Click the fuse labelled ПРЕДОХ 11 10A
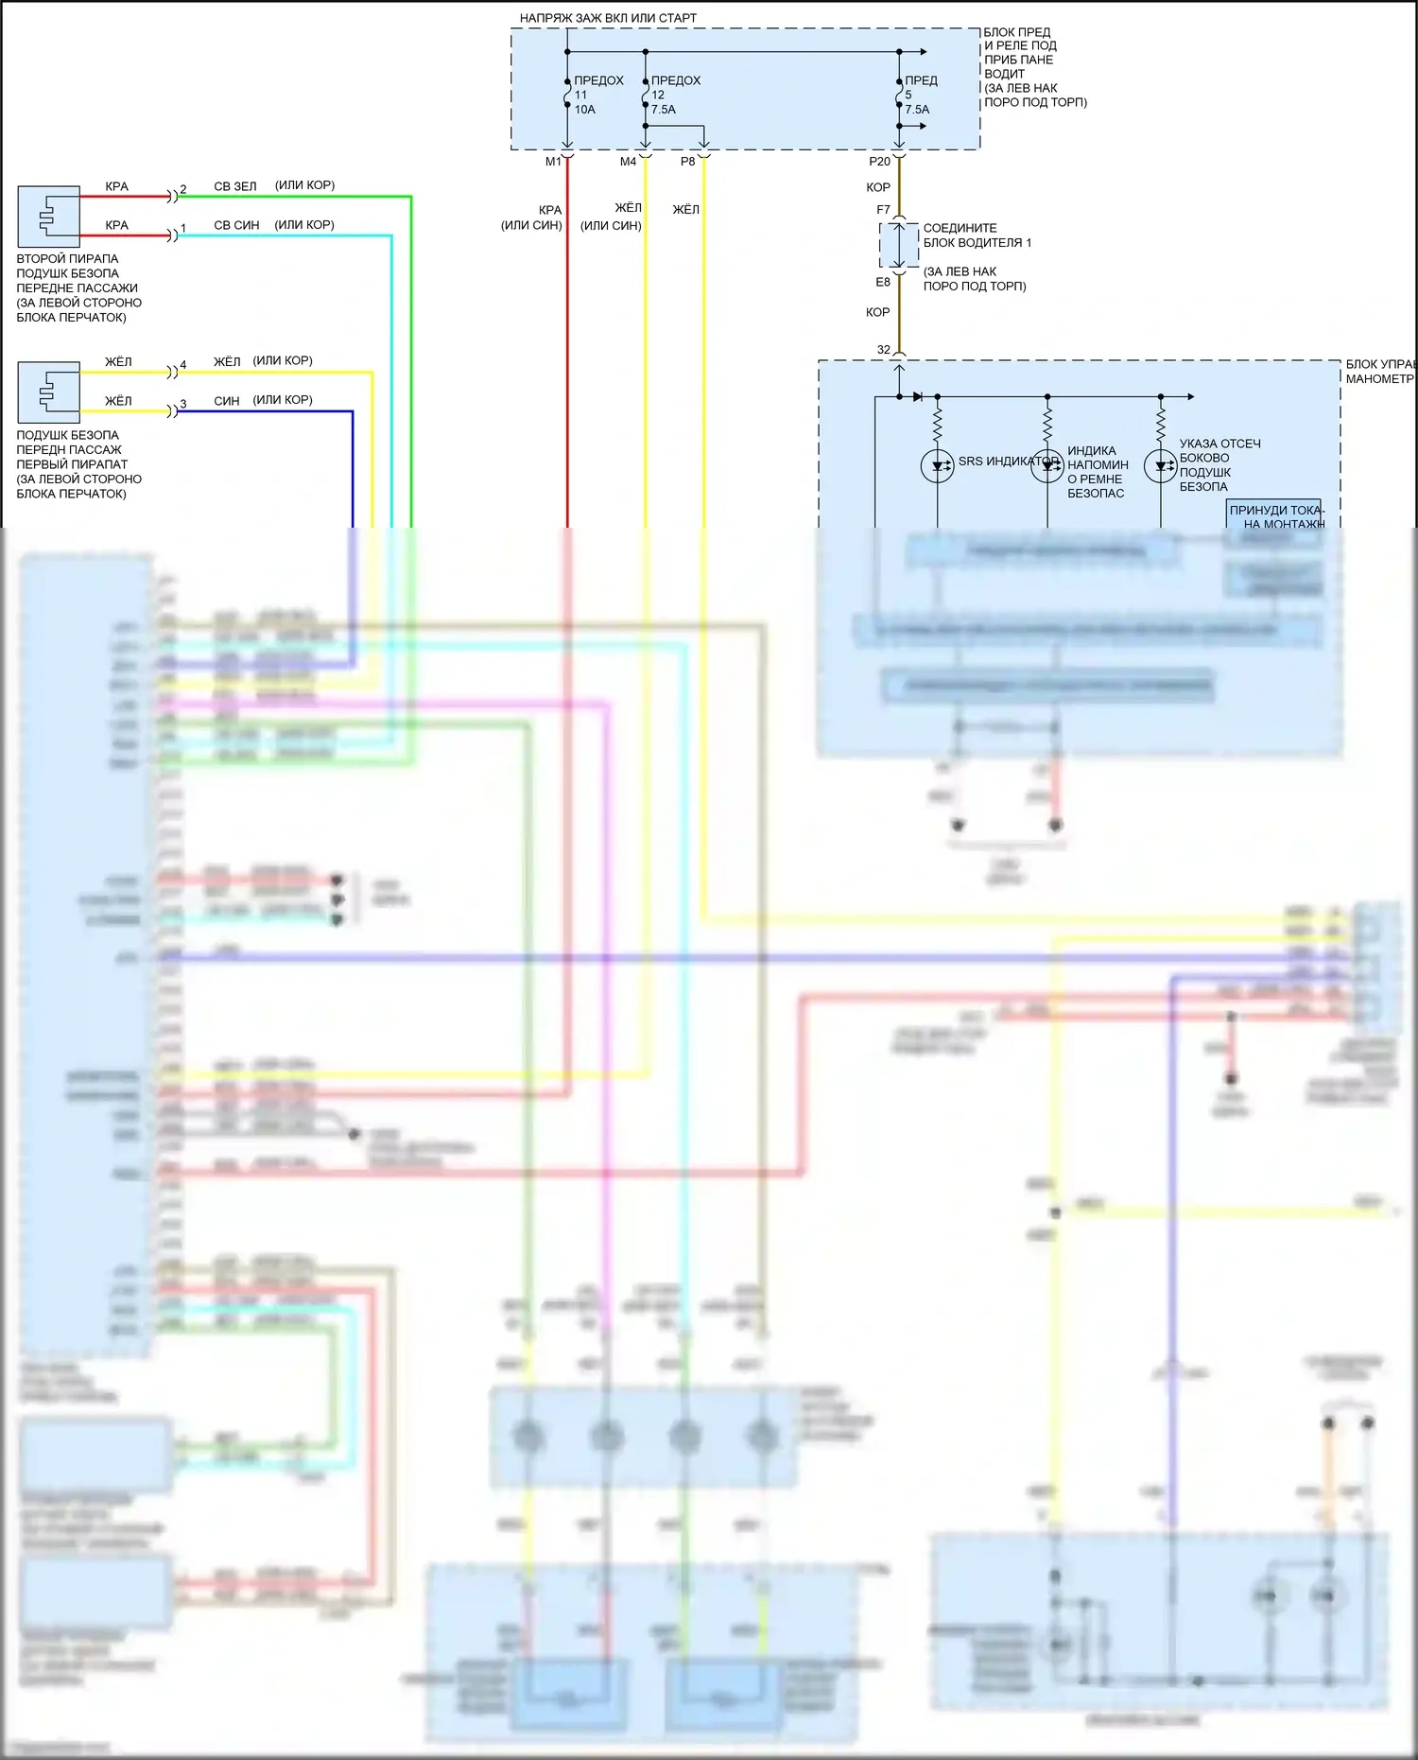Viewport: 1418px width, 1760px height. pos(568,95)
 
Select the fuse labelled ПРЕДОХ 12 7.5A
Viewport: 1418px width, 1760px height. pos(646,95)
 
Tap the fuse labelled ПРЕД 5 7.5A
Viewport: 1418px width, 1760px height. pos(899,95)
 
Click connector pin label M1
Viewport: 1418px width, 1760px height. pos(553,162)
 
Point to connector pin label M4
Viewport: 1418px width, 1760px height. pos(628,162)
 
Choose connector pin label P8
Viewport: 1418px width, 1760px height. pos(687,162)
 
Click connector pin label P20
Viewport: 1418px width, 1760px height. pos(879,162)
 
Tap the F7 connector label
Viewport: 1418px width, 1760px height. pos(883,210)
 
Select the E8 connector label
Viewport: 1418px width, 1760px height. pos(883,282)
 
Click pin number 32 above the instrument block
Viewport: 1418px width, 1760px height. pos(884,350)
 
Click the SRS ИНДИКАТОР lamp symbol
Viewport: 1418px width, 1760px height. pos(937,465)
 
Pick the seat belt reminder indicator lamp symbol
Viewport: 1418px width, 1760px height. pos(1047,465)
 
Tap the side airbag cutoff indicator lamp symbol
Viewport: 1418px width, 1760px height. pos(1160,465)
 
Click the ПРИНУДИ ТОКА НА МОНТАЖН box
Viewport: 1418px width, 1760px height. pos(1274,515)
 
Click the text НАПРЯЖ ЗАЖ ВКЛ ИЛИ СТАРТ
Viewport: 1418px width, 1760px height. pos(608,18)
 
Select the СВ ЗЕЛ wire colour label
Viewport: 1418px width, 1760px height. pos(235,186)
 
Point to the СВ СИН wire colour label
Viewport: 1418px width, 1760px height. pos(236,225)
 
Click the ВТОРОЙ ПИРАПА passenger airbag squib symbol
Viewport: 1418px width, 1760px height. pos(48,217)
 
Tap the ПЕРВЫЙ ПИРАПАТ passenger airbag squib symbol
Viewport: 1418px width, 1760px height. pos(48,392)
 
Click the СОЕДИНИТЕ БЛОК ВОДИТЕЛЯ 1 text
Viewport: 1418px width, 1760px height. pos(977,235)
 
